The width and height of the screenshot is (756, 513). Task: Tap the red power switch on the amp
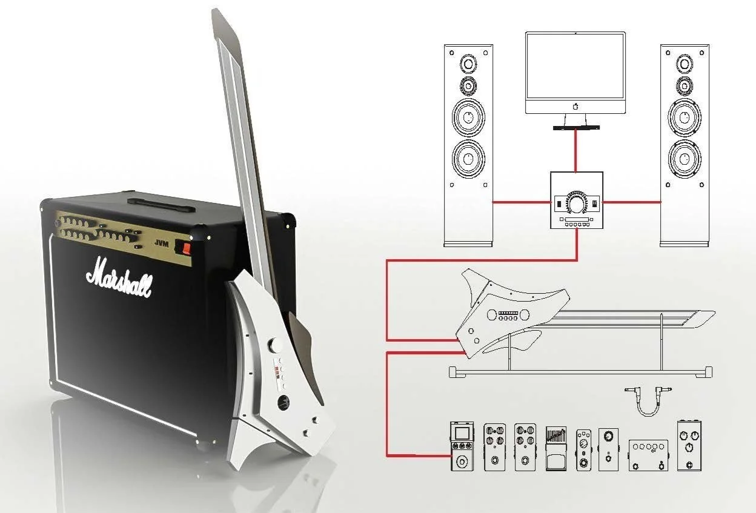pos(187,247)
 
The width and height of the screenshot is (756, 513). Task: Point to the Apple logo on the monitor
pos(575,106)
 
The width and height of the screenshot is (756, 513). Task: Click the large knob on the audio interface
pos(576,203)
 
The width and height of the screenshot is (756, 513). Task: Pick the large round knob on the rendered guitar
pos(278,345)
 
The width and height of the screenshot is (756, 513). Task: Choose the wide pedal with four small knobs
pos(648,455)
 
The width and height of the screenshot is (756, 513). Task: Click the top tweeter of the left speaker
pos(468,63)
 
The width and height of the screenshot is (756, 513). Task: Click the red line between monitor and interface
pos(575,151)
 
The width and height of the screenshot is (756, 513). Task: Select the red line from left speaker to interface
pos(520,202)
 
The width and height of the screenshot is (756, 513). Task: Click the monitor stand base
pos(575,128)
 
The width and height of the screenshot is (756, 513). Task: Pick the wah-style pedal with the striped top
pos(555,449)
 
